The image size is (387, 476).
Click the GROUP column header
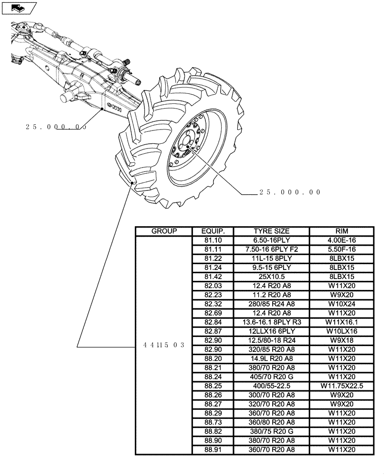pyautogui.click(x=164, y=231)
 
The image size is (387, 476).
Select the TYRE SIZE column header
pyautogui.click(x=271, y=231)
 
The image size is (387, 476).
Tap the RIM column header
pyautogui.click(x=341, y=231)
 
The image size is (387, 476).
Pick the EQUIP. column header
pyautogui.click(x=212, y=231)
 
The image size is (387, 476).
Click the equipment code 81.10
pyautogui.click(x=212, y=240)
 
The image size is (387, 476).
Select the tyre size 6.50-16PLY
pyautogui.click(x=271, y=240)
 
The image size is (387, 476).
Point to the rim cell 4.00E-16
pyautogui.click(x=341, y=240)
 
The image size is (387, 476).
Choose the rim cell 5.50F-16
pyautogui.click(x=341, y=249)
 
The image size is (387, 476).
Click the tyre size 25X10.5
pyautogui.click(x=271, y=277)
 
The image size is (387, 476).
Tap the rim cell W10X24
pyautogui.click(x=341, y=304)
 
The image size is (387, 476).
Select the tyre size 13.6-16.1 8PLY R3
pyautogui.click(x=271, y=322)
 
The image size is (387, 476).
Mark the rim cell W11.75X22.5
pyautogui.click(x=341, y=386)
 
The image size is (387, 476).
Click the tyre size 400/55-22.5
pyautogui.click(x=271, y=386)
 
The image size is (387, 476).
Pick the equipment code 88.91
pyautogui.click(x=212, y=449)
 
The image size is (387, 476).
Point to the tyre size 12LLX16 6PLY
pyautogui.click(x=271, y=331)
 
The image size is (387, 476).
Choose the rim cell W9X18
pyautogui.click(x=341, y=340)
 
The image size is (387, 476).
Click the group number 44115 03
pyautogui.click(x=164, y=345)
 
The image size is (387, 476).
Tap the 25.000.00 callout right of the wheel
pyautogui.click(x=290, y=193)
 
